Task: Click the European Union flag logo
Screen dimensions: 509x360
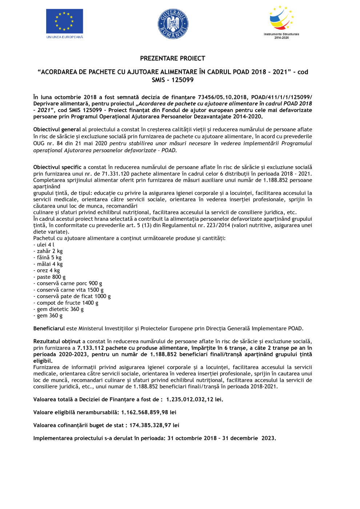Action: pos(64,21)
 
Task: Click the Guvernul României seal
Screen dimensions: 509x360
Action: pos(173,24)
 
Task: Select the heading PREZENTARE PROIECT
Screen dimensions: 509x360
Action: pos(173,59)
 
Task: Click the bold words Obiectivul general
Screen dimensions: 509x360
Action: pos(57,130)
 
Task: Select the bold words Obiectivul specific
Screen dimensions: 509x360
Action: pos(57,167)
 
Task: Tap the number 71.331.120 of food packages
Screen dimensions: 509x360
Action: pos(116,174)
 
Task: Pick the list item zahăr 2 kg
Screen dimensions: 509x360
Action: pos(49,251)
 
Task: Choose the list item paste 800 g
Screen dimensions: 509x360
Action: pos(51,277)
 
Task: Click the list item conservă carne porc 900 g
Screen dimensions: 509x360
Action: pos(69,284)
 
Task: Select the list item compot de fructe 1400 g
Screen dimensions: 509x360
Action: pos(67,303)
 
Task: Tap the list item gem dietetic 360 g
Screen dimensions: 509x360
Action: pos(60,309)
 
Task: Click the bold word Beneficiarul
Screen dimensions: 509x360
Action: pos(49,329)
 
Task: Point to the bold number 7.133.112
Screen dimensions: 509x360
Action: pos(91,348)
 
